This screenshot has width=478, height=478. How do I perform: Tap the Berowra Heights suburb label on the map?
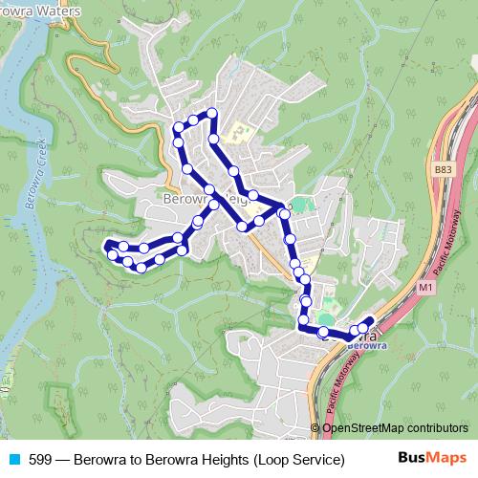coord(196,200)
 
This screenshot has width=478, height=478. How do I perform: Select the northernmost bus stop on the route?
coord(212,114)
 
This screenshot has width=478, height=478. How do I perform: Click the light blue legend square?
coord(13,460)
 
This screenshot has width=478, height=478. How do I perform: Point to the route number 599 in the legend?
coord(40,460)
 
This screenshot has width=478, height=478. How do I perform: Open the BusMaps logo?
coord(431,459)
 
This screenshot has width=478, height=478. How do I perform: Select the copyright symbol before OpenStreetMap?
coord(315,427)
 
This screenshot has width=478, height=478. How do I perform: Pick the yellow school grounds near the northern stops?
coord(240,133)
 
